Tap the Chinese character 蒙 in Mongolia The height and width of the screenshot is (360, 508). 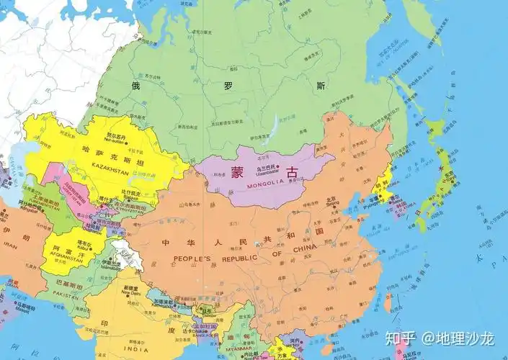point(238,172)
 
